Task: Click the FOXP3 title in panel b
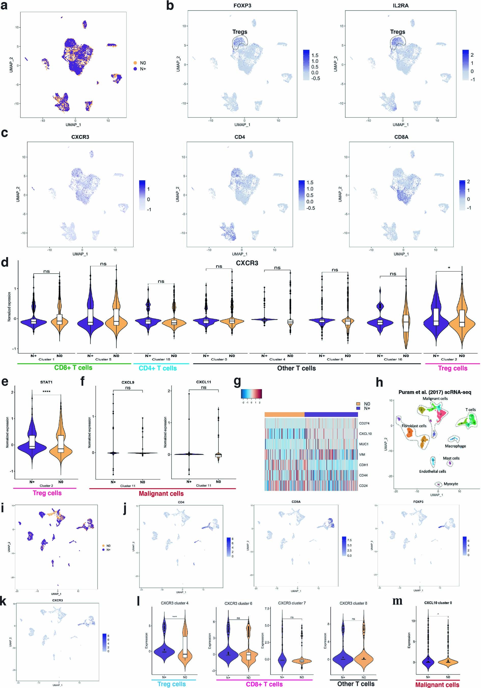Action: (x=242, y=5)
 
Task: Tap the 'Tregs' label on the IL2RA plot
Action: (x=397, y=32)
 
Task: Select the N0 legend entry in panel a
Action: (x=143, y=63)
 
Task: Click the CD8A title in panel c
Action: (x=401, y=137)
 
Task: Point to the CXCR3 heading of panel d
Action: (x=247, y=263)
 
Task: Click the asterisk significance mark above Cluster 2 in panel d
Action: (x=449, y=268)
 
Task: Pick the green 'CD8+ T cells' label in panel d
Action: (x=73, y=368)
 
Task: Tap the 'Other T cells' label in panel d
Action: (x=296, y=368)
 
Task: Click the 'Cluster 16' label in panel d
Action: (x=393, y=359)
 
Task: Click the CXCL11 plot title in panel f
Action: (x=203, y=382)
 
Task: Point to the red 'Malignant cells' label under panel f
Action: (x=161, y=494)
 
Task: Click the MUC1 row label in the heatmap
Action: (x=364, y=444)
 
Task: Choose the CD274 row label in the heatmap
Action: (x=364, y=423)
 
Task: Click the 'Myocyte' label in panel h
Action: (x=451, y=484)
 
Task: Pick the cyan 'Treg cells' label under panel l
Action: (x=171, y=684)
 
